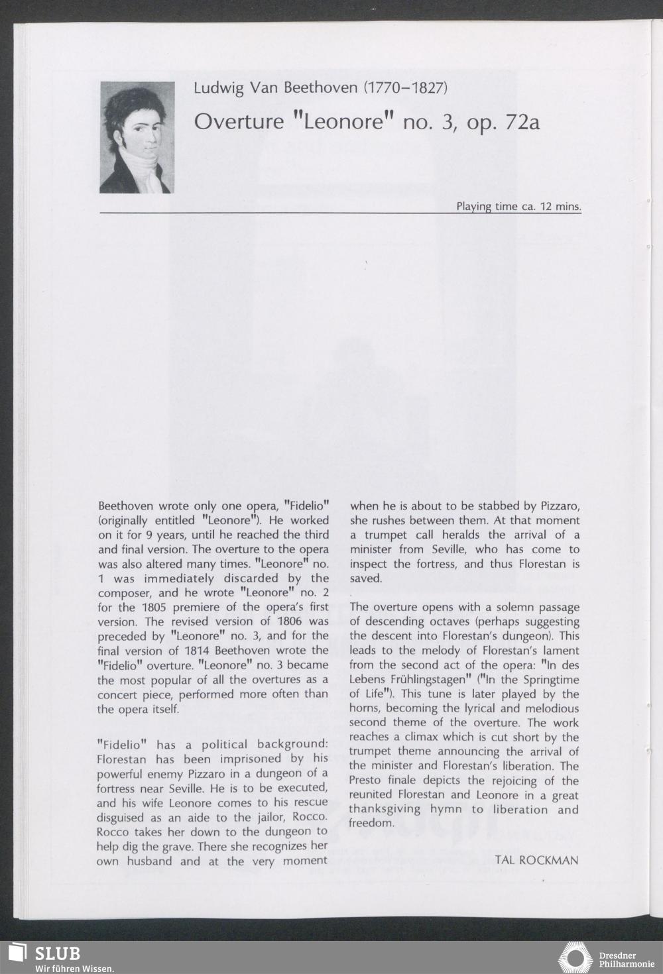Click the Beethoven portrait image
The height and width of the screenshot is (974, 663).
[x=136, y=137]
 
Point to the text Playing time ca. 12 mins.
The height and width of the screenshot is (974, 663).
[x=518, y=206]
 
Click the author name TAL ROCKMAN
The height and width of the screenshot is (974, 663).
[x=536, y=860]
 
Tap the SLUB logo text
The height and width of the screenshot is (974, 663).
[x=57, y=953]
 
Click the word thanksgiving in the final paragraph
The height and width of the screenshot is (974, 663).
[x=385, y=809]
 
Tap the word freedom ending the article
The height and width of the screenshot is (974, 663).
[x=371, y=823]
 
